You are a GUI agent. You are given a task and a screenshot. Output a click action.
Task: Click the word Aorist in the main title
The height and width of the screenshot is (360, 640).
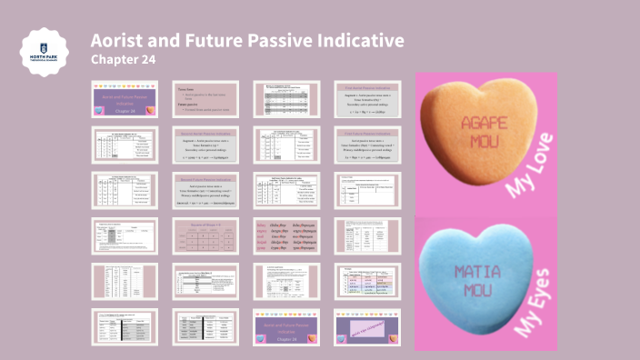pyautogui.click(x=120, y=41)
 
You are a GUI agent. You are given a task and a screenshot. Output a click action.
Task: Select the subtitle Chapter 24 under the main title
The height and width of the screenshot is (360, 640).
pyautogui.click(x=124, y=60)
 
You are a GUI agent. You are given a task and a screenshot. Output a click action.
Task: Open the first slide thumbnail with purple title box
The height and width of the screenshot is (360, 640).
pyautogui.click(x=124, y=98)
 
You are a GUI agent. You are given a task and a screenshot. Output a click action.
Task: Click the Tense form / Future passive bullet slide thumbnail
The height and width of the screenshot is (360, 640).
pyautogui.click(x=204, y=98)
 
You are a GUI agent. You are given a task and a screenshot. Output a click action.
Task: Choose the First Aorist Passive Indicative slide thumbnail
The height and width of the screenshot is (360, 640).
pyautogui.click(x=367, y=98)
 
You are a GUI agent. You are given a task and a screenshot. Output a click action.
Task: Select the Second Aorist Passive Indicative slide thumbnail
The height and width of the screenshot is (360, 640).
pyautogui.click(x=204, y=145)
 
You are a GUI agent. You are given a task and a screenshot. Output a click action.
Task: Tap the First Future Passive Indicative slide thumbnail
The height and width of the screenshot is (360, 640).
pyautogui.click(x=367, y=145)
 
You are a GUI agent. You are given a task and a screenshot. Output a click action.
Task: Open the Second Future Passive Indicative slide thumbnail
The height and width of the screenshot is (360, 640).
pyautogui.click(x=204, y=190)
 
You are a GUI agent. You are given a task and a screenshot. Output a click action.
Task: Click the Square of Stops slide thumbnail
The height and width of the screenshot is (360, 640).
pyautogui.click(x=204, y=235)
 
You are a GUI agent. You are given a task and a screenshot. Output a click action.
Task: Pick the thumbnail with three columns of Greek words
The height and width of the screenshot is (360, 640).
pyautogui.click(x=285, y=235)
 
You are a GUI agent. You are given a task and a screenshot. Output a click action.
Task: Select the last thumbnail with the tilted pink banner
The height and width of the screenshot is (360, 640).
pyautogui.click(x=367, y=326)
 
